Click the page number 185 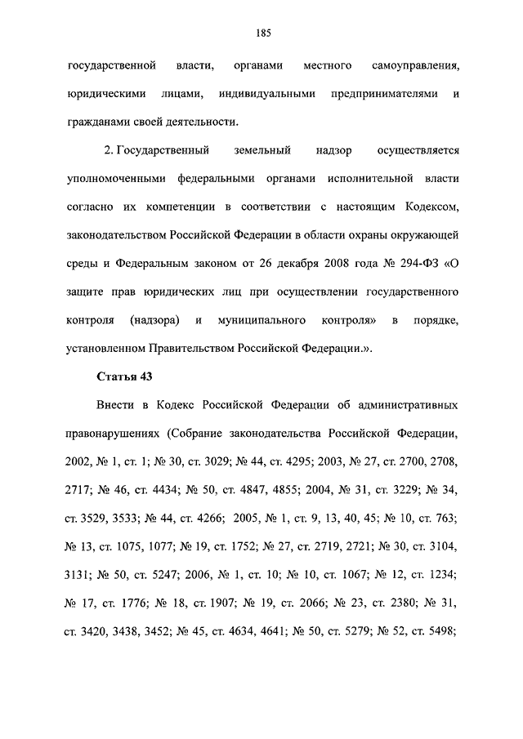[x=262, y=33]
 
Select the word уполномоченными [x=118, y=180]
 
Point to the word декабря [x=293, y=264]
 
